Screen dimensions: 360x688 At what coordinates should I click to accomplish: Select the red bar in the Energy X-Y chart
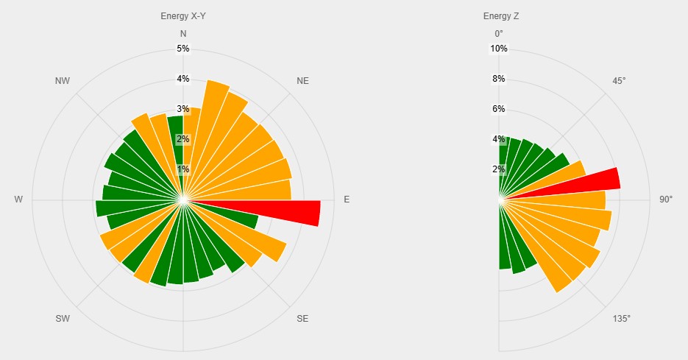pos(294,213)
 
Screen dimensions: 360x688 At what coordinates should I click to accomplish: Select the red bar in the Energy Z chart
pos(596,181)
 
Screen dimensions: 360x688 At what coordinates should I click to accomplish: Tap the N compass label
pos(183,34)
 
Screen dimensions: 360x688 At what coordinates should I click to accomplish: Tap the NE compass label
pos(302,81)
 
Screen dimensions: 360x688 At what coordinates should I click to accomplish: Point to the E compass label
pos(347,200)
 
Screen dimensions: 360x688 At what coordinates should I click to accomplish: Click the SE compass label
pos(302,319)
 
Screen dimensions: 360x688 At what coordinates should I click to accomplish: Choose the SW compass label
pos(63,319)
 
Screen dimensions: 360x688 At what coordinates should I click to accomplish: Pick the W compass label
pos(18,200)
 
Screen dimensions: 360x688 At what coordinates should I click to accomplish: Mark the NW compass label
pos(63,81)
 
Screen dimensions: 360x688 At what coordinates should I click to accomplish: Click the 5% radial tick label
pos(183,49)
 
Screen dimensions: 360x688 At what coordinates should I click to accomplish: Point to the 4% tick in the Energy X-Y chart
pos(183,79)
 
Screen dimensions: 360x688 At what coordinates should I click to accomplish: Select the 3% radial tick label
pos(183,109)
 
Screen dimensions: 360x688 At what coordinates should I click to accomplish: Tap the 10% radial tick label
pos(499,49)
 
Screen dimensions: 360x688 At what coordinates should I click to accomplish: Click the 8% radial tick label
pos(499,79)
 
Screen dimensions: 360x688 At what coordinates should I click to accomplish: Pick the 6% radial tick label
pos(499,109)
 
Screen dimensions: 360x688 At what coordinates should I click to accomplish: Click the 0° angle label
pos(499,34)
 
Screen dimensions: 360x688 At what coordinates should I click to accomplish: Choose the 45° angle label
pos(619,81)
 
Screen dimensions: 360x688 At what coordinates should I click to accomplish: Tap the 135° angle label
pos(622,319)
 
